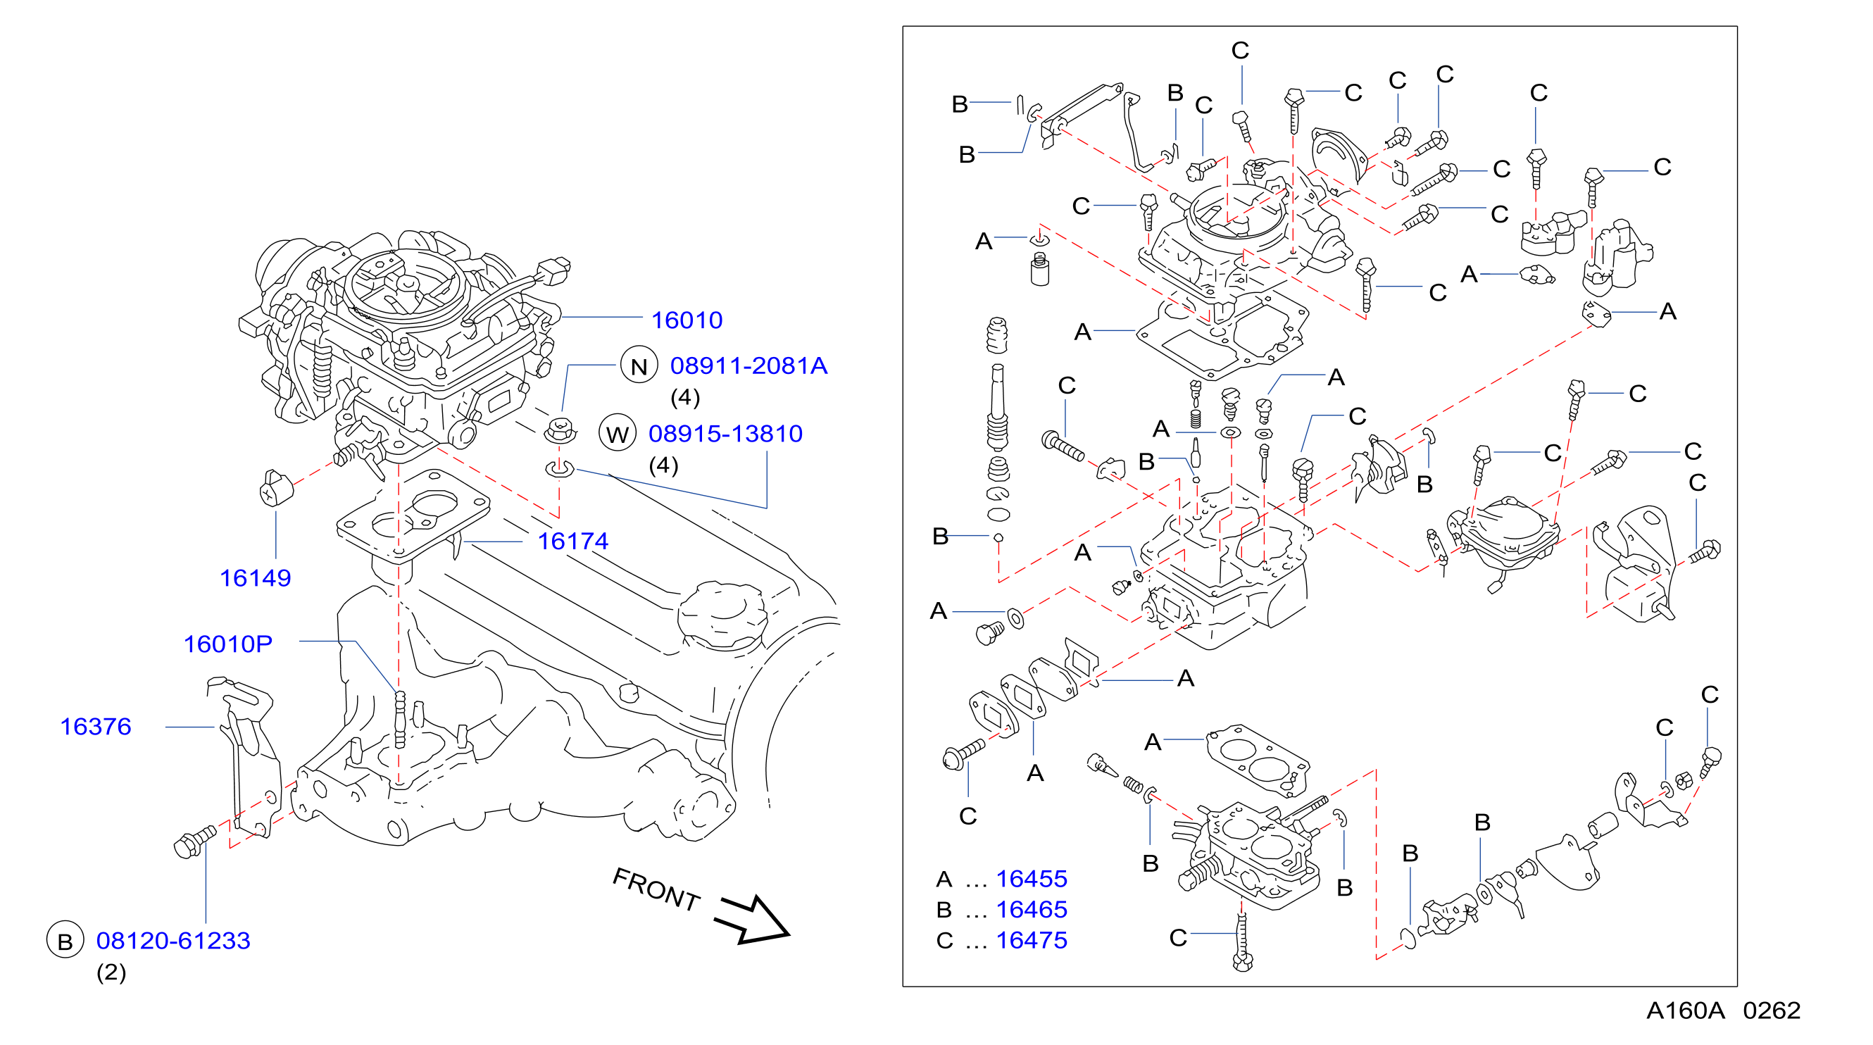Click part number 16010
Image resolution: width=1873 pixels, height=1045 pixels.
pyautogui.click(x=687, y=320)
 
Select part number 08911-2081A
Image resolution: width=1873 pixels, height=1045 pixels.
pyautogui.click(x=748, y=365)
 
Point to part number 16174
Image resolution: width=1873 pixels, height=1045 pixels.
pyautogui.click(x=572, y=541)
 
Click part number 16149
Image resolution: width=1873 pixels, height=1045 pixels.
pyautogui.click(x=255, y=578)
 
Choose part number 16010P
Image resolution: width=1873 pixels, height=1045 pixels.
pyautogui.click(x=227, y=644)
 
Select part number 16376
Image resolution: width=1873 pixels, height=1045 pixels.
pyautogui.click(x=95, y=727)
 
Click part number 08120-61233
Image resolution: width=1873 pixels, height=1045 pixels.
pyautogui.click(x=173, y=941)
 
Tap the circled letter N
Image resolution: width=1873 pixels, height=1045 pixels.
pyautogui.click(x=639, y=365)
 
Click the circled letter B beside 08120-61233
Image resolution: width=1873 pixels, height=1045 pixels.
pyautogui.click(x=65, y=940)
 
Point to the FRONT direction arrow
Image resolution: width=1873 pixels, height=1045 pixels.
pyautogui.click(x=751, y=920)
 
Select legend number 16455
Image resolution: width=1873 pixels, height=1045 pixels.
pyautogui.click(x=1031, y=880)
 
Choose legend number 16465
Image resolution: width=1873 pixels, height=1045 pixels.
pyautogui.click(x=1031, y=910)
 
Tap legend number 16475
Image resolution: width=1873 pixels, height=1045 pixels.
pyautogui.click(x=1031, y=940)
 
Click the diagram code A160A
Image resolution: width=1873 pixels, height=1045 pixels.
pyautogui.click(x=1686, y=1010)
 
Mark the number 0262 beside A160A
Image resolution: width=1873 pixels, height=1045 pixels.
pyautogui.click(x=1771, y=1010)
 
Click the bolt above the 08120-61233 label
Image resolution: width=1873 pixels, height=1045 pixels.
pyautogui.click(x=194, y=841)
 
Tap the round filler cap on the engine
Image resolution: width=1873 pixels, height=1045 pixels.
pyautogui.click(x=721, y=615)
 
